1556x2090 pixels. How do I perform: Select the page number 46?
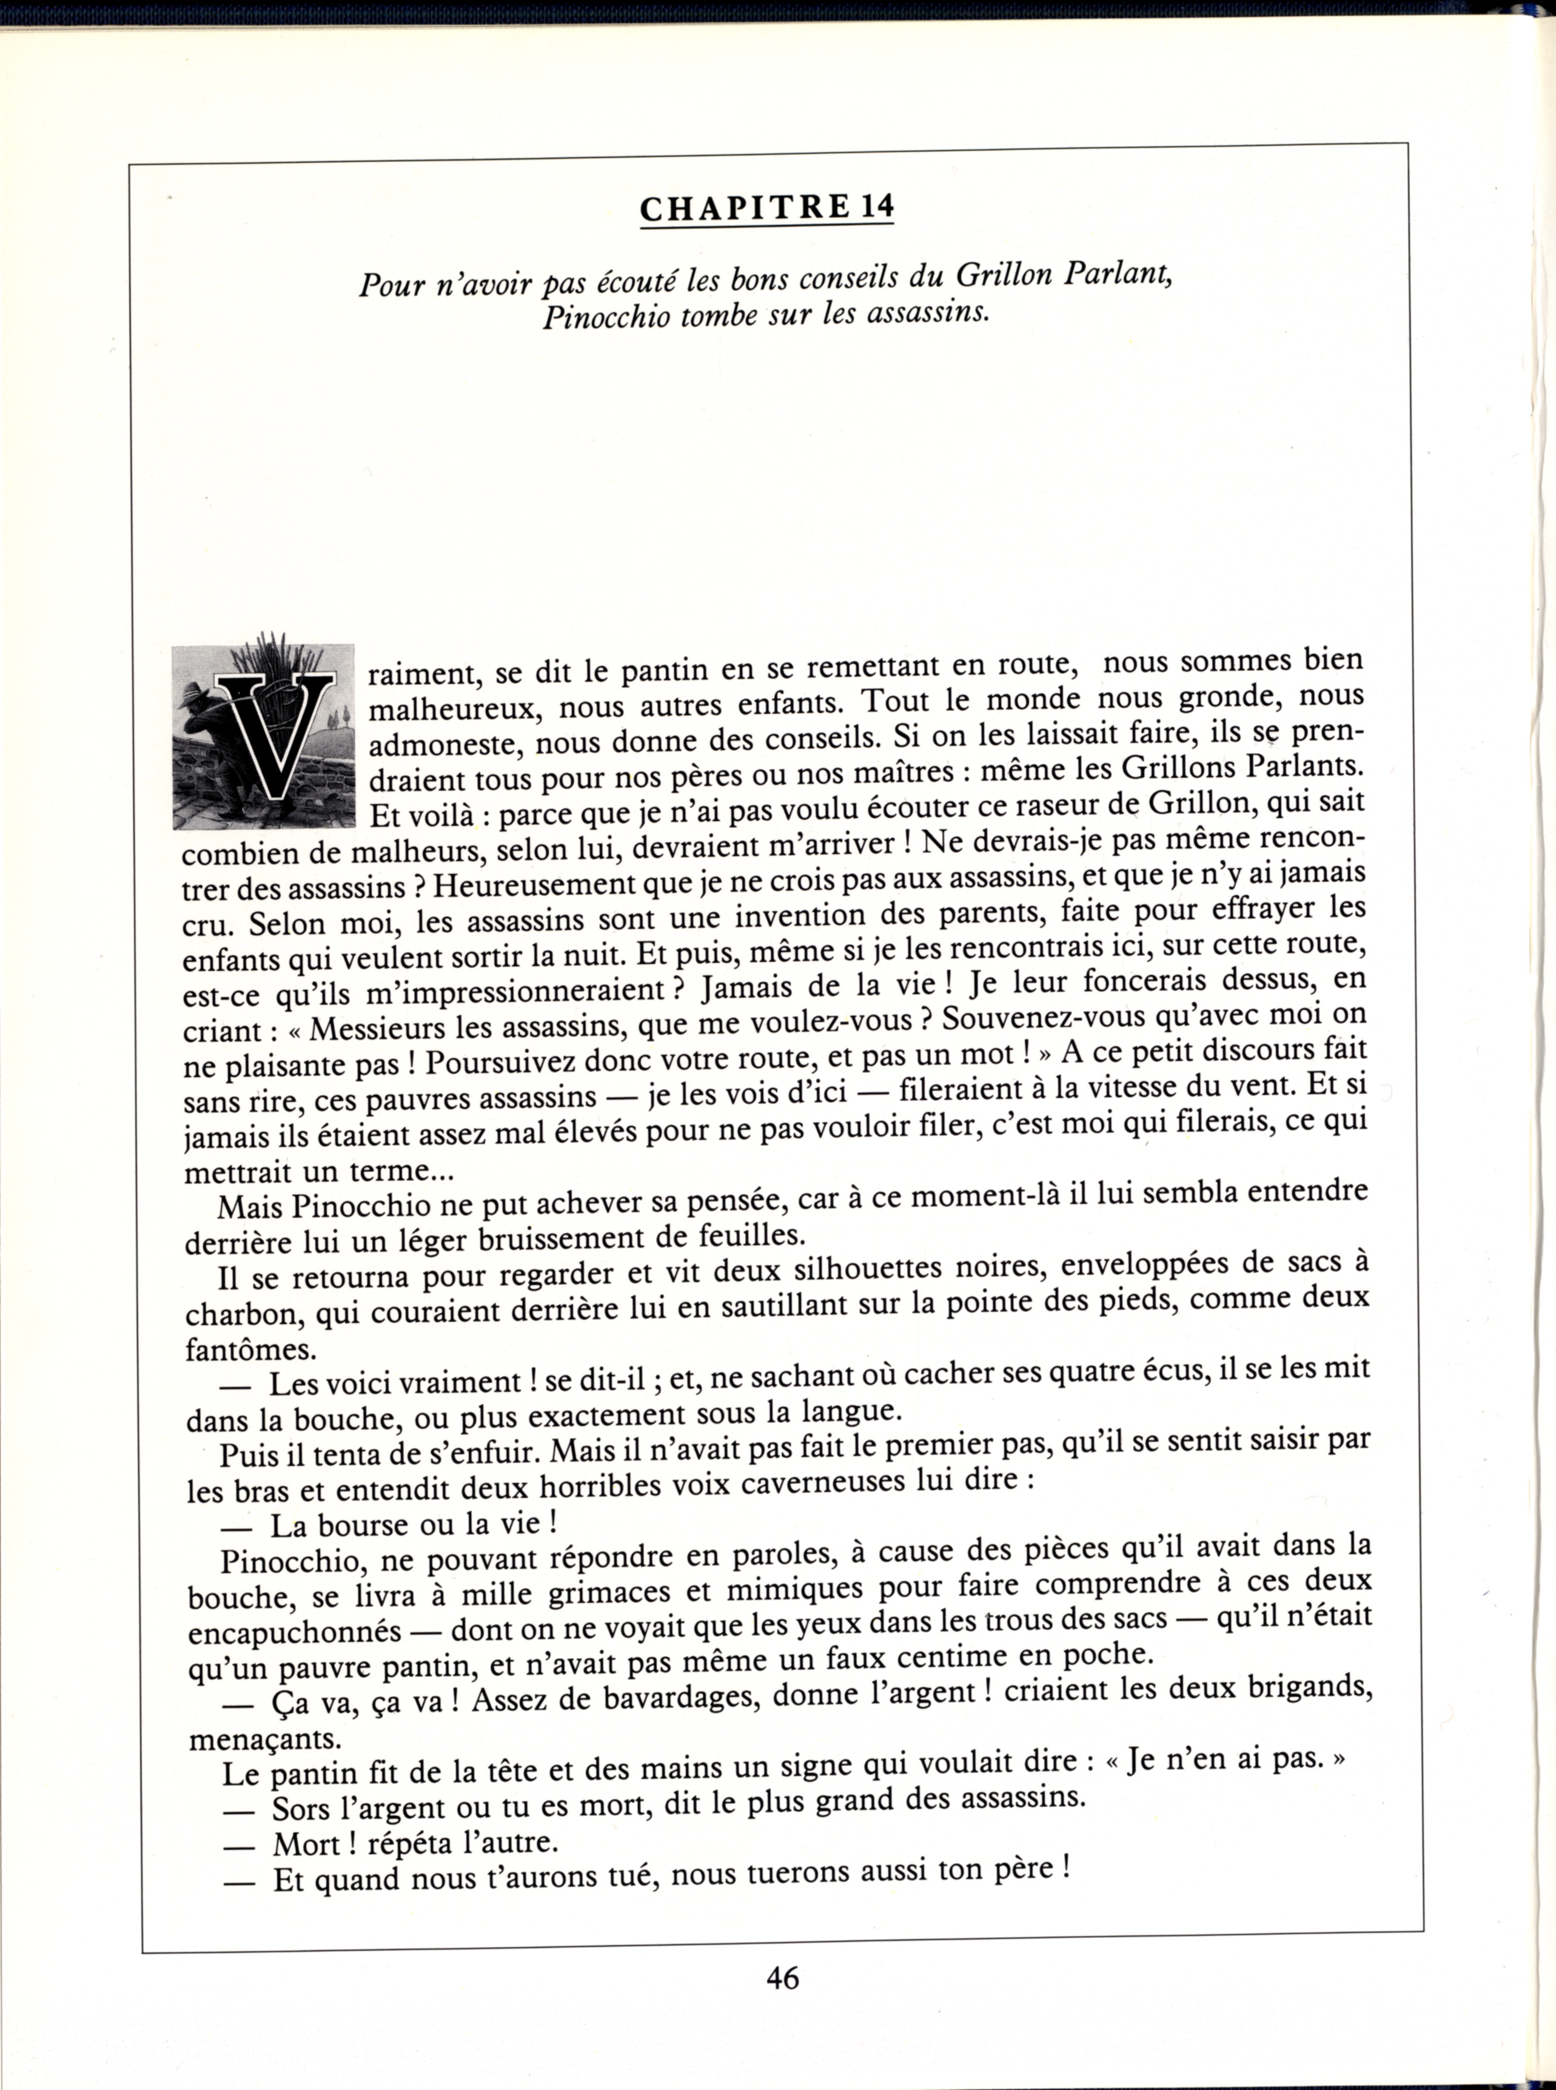point(782,1977)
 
